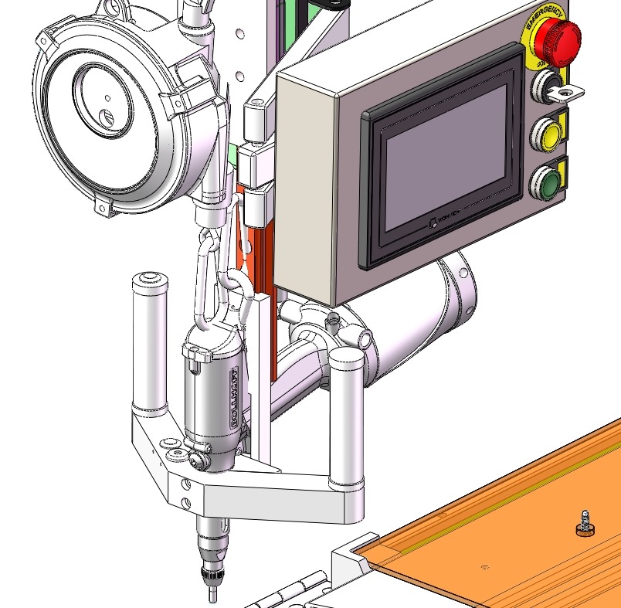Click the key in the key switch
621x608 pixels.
coord(570,93)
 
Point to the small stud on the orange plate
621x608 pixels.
coord(585,523)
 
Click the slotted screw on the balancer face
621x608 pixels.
coord(109,117)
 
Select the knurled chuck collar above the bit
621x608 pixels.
coord(211,575)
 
